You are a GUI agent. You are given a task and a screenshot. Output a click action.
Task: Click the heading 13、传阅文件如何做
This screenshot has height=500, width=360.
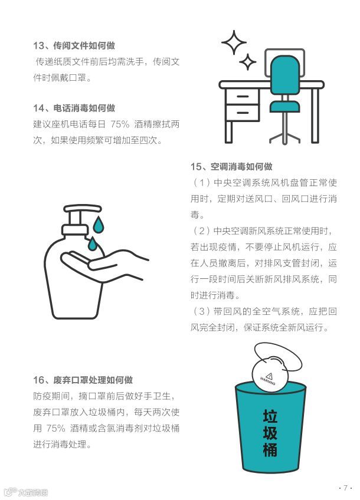(x=74, y=45)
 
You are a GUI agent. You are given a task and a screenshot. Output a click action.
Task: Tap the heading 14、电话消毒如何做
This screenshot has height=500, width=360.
(x=74, y=108)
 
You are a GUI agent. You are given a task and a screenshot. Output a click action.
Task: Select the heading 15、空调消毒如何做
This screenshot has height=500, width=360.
(x=231, y=166)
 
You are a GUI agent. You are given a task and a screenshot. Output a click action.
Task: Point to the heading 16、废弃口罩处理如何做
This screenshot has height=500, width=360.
(x=83, y=380)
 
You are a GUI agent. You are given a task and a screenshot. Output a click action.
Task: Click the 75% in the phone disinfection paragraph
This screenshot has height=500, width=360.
(x=120, y=124)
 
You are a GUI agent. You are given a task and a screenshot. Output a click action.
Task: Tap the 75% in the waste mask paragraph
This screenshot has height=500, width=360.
(x=56, y=428)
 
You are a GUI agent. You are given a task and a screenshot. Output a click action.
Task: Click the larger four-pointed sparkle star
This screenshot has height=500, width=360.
(x=234, y=42)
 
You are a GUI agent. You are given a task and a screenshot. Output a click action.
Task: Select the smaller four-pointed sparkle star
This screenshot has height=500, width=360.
(x=248, y=62)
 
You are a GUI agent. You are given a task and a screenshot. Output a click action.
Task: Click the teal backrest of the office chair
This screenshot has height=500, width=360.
(x=285, y=75)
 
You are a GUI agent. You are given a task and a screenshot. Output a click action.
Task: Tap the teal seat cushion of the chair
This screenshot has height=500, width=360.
(x=284, y=107)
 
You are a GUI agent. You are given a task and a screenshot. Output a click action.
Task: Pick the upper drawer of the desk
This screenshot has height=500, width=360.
(x=243, y=96)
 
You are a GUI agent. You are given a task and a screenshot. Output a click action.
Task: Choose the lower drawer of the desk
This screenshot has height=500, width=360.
(x=243, y=113)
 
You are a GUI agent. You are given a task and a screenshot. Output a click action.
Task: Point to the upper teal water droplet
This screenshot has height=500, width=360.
(x=99, y=225)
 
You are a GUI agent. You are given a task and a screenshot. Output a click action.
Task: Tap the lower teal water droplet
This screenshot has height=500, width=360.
(x=92, y=244)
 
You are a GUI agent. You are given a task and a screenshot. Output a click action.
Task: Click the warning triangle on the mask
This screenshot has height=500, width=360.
(x=269, y=376)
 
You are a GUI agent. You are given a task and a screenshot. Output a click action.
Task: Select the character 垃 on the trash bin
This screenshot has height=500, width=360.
(x=270, y=416)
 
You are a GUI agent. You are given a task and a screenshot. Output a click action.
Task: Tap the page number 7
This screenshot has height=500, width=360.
(x=345, y=488)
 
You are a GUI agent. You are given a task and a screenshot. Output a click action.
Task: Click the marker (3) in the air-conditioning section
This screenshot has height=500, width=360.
(x=201, y=311)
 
